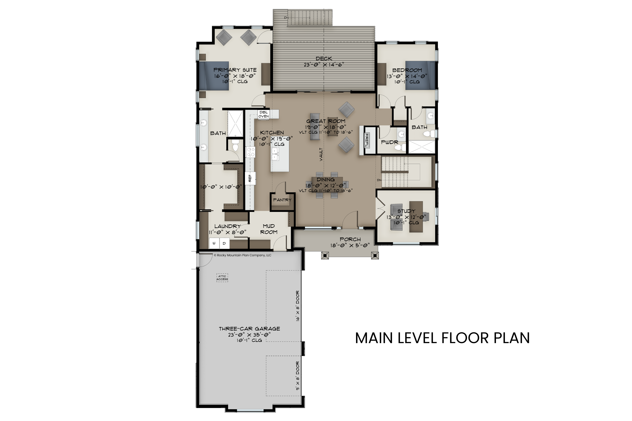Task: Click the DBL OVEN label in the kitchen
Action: click(264, 114)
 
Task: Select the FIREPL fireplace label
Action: click(366, 141)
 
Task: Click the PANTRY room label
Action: click(282, 200)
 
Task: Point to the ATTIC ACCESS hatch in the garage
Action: click(222, 278)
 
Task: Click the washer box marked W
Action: click(214, 243)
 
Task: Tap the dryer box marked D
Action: click(224, 243)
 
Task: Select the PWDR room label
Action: click(389, 142)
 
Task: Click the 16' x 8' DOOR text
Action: click(297, 306)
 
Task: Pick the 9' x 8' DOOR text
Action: click(297, 376)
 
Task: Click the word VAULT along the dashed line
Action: click(321, 154)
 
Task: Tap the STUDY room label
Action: click(406, 211)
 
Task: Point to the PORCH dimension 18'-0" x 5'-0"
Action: click(350, 245)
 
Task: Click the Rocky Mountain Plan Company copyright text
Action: click(243, 255)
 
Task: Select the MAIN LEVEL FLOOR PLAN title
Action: click(442, 338)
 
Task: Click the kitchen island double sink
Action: click(275, 154)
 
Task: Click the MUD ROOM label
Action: click(269, 229)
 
